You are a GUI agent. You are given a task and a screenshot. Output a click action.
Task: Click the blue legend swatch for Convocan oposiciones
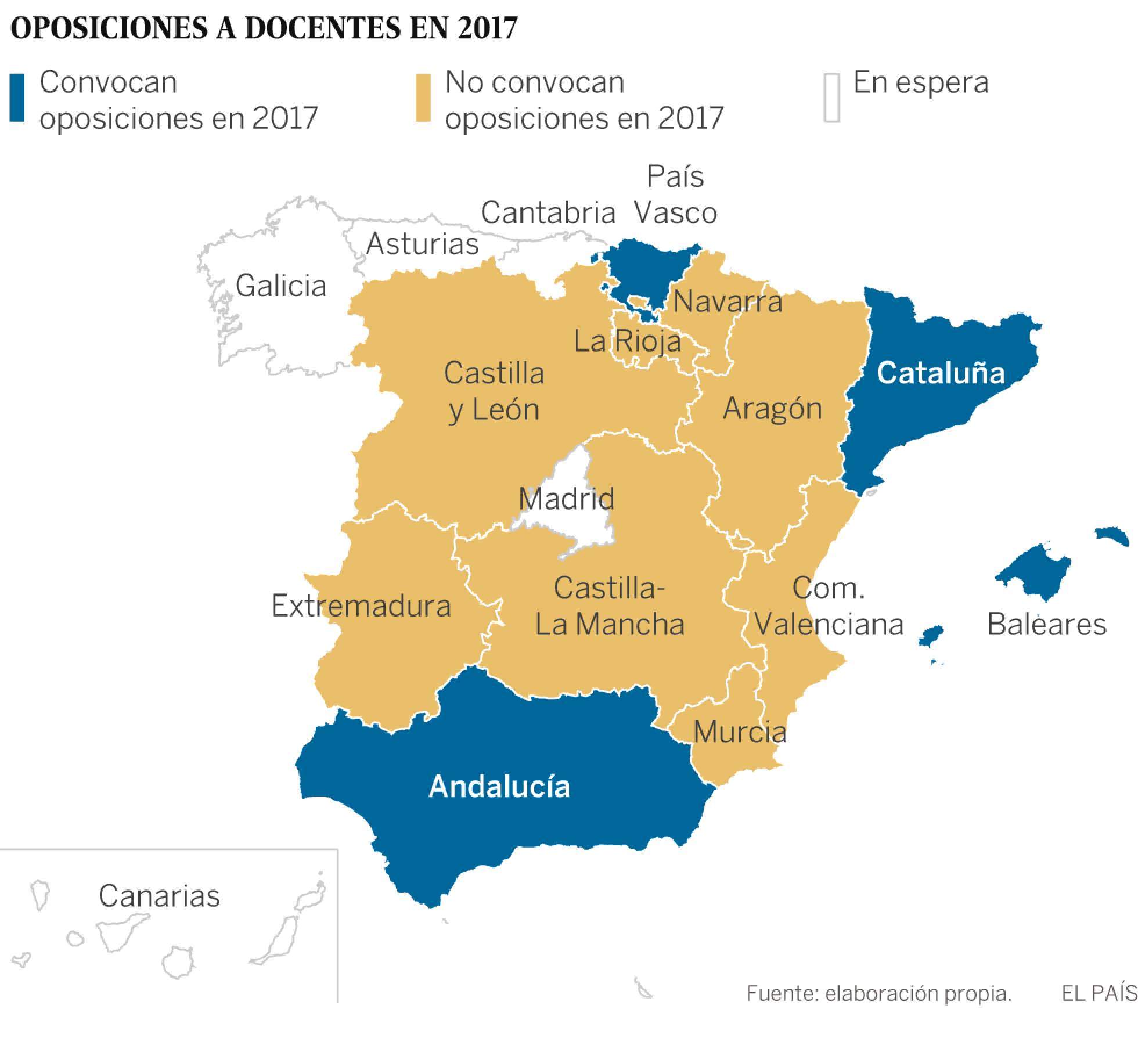point(17,98)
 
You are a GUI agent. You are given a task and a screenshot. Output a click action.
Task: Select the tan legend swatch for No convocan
point(423,98)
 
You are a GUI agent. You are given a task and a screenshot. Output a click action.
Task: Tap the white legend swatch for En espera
point(831,98)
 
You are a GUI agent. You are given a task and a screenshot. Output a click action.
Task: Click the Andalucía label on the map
point(499,787)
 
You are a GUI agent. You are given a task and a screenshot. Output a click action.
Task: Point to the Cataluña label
point(941,373)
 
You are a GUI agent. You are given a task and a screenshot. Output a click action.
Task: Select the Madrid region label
point(566,499)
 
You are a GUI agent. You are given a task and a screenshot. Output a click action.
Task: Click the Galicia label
point(281,286)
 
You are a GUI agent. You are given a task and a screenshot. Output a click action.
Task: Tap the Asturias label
point(422,243)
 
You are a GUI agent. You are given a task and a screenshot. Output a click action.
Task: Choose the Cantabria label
point(548,212)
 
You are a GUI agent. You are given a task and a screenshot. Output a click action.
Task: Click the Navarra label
point(727,302)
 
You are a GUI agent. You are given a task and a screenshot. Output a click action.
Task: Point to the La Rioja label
point(627,340)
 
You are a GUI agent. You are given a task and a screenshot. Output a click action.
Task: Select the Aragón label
point(772,408)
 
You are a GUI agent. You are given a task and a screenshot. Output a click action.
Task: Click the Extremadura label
point(361,606)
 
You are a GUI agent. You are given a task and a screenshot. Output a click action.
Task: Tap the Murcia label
point(740,732)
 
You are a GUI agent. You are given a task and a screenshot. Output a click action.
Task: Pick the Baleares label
point(1047,624)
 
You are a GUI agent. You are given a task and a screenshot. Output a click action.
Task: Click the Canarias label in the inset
point(159,896)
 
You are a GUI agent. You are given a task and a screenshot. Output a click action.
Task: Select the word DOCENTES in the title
point(322,28)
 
